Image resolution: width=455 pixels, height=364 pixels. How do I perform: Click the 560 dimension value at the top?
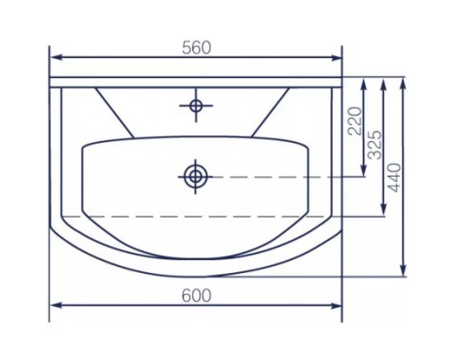(x=196, y=48)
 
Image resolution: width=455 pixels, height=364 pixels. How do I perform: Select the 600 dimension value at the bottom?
(x=196, y=295)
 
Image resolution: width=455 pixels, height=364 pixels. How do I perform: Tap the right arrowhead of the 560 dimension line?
(x=338, y=58)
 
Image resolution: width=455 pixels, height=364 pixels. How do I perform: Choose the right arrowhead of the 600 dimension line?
(x=338, y=305)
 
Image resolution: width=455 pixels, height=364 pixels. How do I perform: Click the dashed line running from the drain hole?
(x=273, y=176)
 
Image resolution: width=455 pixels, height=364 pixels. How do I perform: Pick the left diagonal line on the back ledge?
(x=116, y=113)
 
